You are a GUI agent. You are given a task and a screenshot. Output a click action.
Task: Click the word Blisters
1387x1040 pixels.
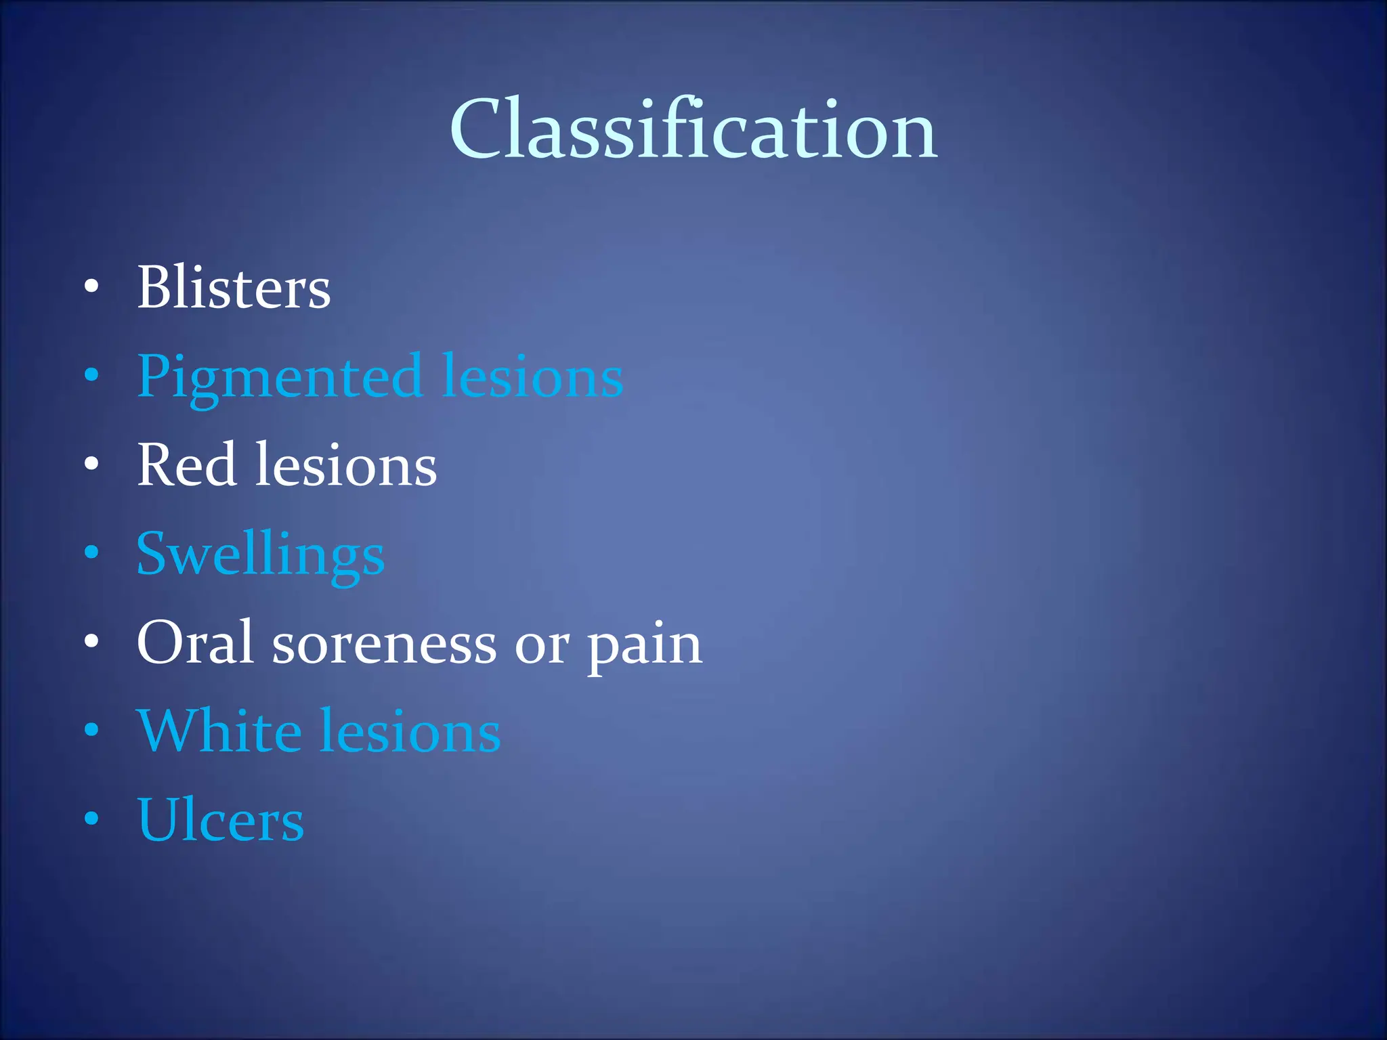coord(234,287)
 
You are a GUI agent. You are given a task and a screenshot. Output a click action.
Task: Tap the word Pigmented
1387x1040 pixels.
coord(279,377)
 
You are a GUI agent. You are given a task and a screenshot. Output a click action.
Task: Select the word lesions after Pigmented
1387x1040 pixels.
coord(532,376)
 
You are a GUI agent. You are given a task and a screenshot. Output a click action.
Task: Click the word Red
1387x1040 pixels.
coord(186,465)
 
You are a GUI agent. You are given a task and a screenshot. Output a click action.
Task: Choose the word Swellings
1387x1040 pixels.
coord(260,555)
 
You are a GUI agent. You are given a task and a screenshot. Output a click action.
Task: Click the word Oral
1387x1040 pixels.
coord(195,643)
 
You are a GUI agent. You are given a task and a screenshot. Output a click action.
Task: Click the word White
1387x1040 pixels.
coord(219,731)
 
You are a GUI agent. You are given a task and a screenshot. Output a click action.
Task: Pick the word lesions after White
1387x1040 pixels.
coord(410,731)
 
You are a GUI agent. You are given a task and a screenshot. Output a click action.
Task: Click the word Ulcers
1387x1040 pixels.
coord(220,820)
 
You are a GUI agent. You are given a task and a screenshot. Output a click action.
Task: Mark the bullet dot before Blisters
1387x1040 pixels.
coord(91,287)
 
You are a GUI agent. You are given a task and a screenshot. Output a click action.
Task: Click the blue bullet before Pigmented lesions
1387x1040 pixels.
coord(91,375)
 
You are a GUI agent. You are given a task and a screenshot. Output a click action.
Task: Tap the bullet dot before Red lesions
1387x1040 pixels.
coord(91,464)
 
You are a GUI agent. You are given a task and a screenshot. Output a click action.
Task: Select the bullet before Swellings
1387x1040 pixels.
coord(91,552)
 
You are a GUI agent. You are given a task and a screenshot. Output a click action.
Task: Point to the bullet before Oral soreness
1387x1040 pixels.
coord(91,641)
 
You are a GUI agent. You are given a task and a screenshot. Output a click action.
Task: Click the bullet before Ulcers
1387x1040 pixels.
coord(91,819)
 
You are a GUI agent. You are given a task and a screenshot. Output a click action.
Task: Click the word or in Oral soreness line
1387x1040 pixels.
coord(541,646)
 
